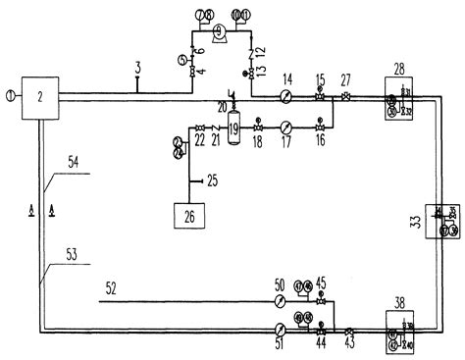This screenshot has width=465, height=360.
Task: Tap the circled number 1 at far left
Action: point(10,95)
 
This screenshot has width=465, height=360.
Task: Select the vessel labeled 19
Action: point(233,128)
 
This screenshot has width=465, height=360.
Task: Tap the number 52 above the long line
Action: point(111,288)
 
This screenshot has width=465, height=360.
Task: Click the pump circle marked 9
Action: point(220,32)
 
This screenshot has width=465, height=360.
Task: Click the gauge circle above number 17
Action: point(285,127)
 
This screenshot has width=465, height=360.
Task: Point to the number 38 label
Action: point(399,304)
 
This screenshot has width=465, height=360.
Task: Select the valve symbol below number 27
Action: point(345,96)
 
